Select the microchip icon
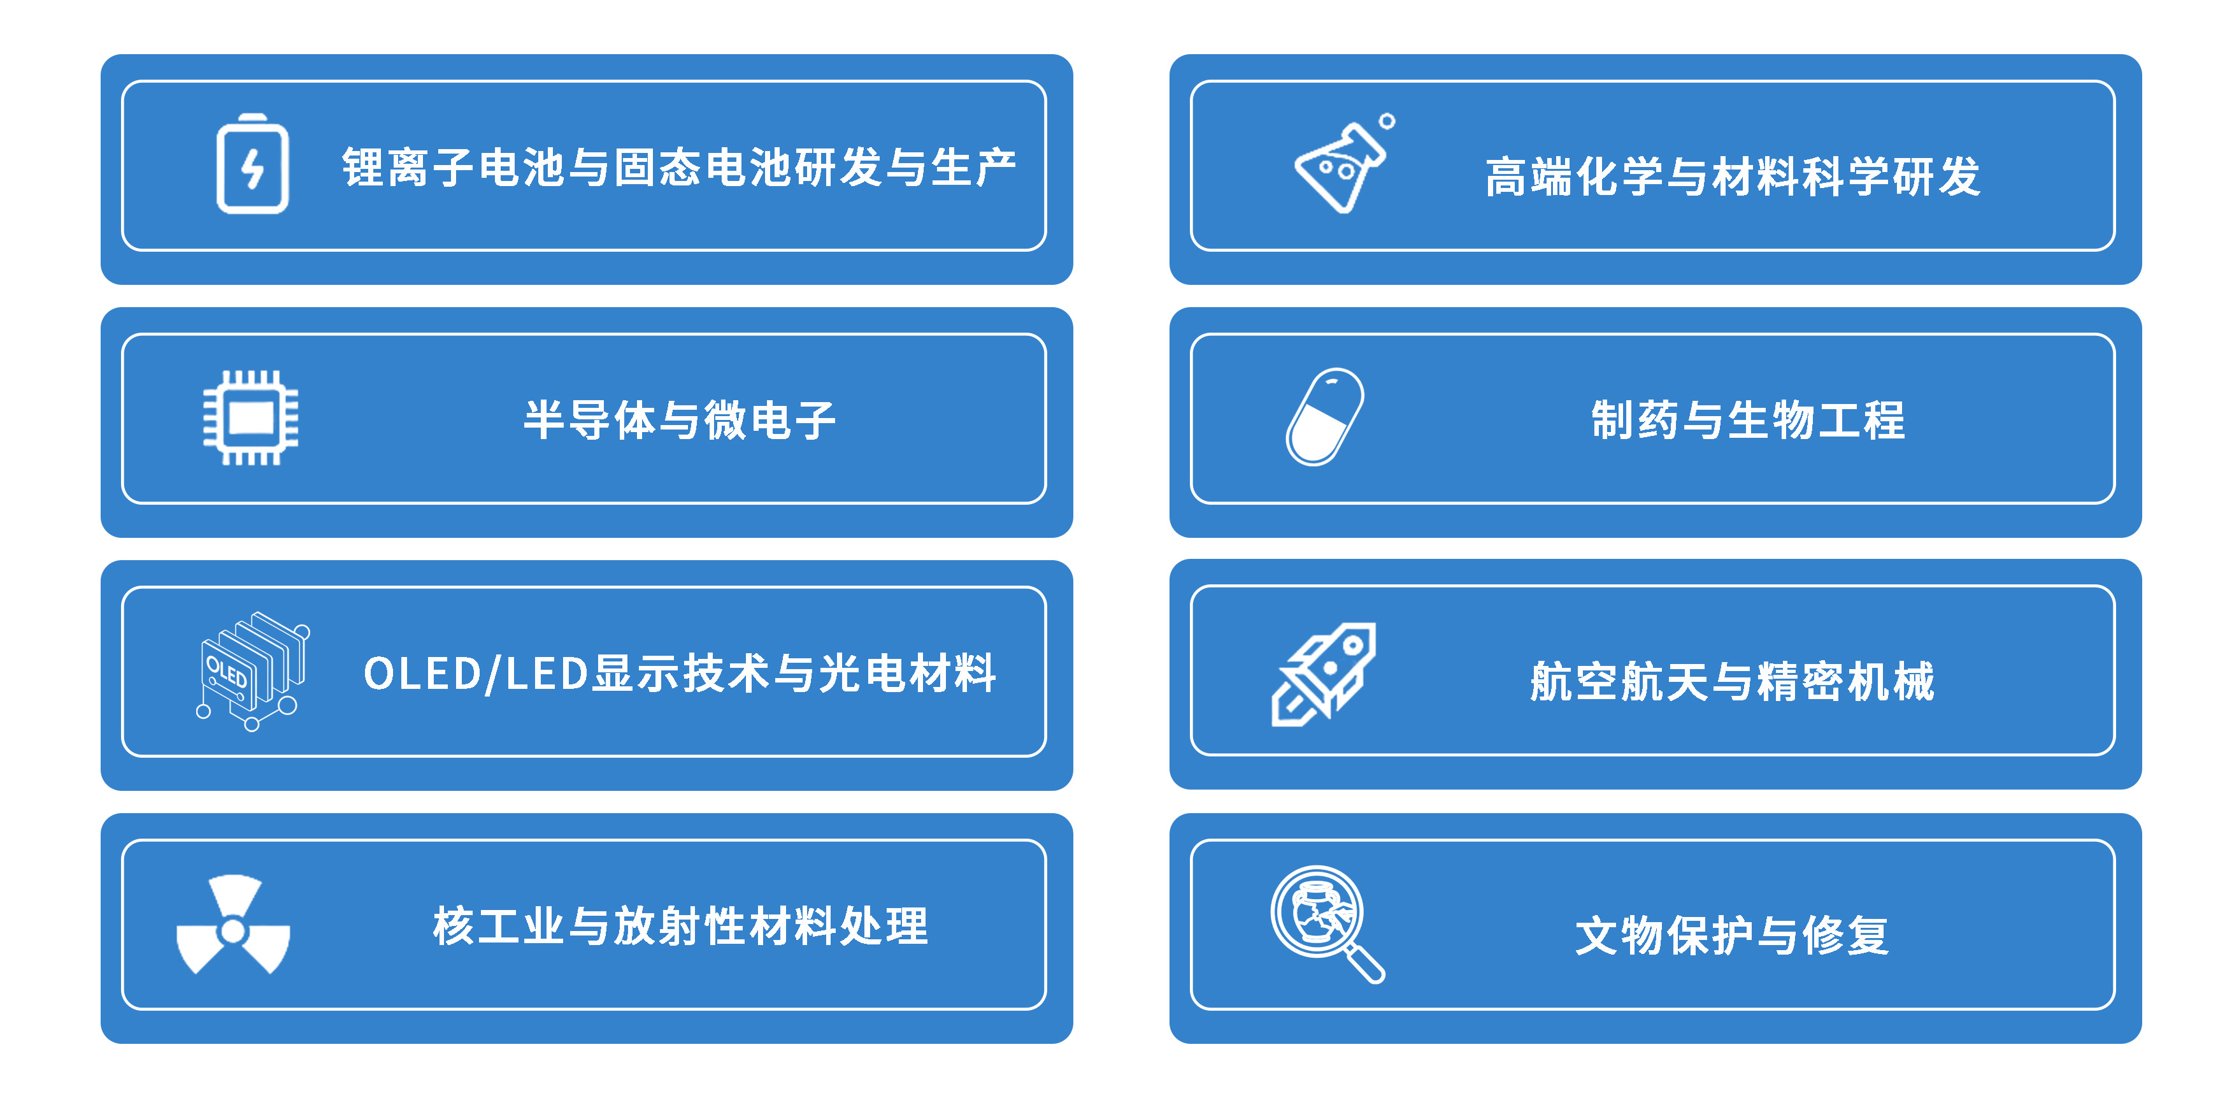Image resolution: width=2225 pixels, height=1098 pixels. pos(250,418)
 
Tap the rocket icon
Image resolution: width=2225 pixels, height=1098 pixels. pos(1323,674)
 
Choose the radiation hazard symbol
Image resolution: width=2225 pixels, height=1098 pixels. pos(233,925)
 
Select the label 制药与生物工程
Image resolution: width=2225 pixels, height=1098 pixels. pos(1747,420)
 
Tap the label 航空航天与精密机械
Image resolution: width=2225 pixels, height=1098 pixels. pos(1732,681)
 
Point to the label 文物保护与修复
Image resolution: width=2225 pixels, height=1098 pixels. pos(1732,935)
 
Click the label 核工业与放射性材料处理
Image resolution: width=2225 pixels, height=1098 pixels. pos(681,926)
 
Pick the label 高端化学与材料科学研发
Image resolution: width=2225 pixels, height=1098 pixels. pos(1732,177)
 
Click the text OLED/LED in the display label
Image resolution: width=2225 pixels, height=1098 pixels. pos(476,674)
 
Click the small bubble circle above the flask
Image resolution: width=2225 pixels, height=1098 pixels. pos(1387,121)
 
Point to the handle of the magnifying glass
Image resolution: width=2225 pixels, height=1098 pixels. pos(1366,964)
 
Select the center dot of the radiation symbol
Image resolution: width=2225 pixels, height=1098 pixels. pos(233,930)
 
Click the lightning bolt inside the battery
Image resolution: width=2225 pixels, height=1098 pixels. pos(252,168)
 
